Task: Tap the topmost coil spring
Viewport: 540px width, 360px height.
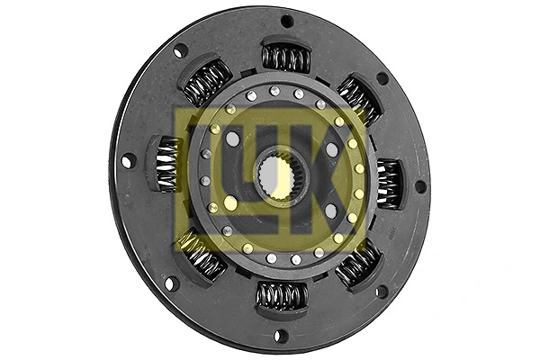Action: (x=285, y=58)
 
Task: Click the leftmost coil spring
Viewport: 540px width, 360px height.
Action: (x=168, y=164)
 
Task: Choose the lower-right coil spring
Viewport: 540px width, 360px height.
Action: (x=359, y=264)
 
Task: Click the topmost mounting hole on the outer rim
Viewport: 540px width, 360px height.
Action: (x=287, y=20)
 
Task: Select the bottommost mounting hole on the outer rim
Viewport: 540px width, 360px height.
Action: (x=280, y=336)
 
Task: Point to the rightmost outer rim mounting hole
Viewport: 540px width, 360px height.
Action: (x=420, y=187)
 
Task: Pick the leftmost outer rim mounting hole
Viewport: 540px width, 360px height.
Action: (x=128, y=161)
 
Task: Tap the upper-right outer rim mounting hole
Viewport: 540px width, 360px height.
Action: (x=382, y=78)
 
